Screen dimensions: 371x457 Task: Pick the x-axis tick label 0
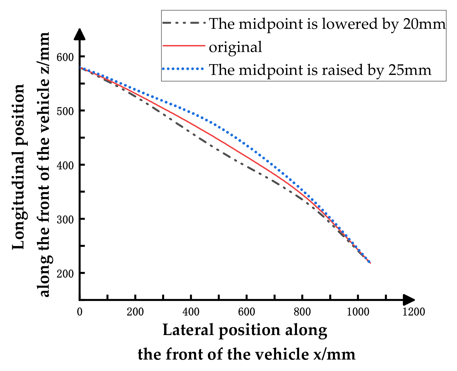(x=79, y=312)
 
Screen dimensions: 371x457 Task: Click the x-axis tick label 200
(x=135, y=312)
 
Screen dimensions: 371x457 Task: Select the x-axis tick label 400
(x=191, y=312)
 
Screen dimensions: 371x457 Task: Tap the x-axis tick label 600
(x=247, y=312)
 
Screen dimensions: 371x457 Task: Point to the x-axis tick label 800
(x=302, y=312)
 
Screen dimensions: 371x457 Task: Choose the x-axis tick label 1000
(x=358, y=312)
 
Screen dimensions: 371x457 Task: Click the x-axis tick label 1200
(x=414, y=312)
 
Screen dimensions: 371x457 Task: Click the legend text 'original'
(x=235, y=47)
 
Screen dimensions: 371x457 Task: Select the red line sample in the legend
(x=184, y=46)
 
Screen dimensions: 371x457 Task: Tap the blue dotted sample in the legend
(x=183, y=69)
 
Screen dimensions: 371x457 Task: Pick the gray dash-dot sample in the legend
(x=184, y=23)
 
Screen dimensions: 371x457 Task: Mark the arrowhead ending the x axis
(x=409, y=300)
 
